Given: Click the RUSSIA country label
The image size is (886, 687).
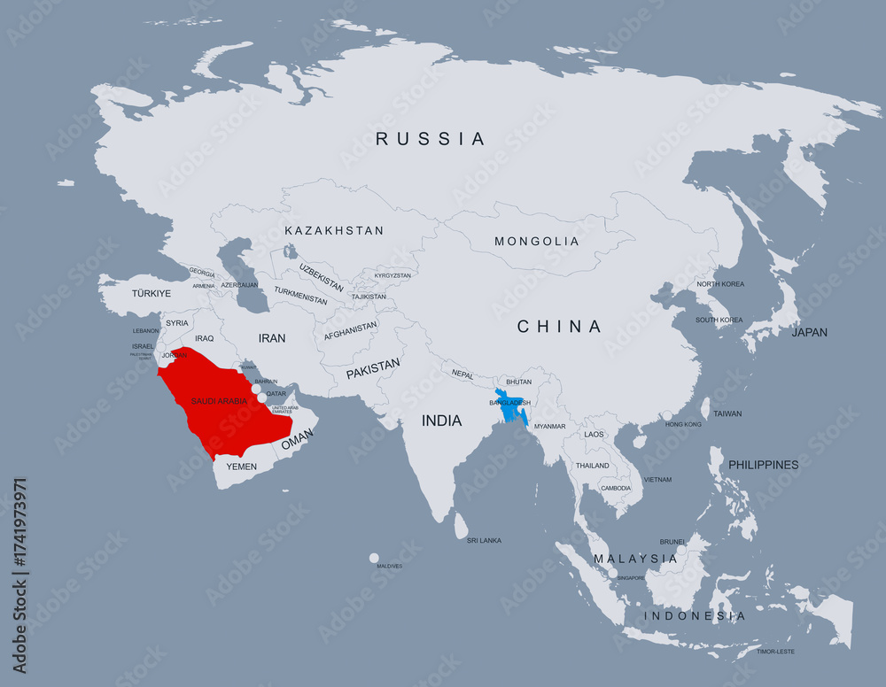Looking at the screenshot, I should pyautogui.click(x=431, y=139).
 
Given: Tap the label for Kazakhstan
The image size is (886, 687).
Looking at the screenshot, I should pyautogui.click(x=334, y=231).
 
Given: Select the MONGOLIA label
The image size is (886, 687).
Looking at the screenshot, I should pyautogui.click(x=536, y=242).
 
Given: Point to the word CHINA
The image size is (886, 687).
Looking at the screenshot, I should pyautogui.click(x=559, y=327).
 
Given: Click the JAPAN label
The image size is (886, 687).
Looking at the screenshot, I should pyautogui.click(x=809, y=333).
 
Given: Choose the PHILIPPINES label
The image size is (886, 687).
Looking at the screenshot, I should pyautogui.click(x=763, y=465).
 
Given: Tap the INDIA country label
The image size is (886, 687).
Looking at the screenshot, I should pyautogui.click(x=441, y=421).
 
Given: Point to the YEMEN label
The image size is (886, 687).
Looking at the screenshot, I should pyautogui.click(x=241, y=467).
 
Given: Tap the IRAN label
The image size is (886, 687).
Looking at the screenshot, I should pyautogui.click(x=272, y=338).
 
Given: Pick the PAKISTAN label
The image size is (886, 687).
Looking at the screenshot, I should pyautogui.click(x=373, y=368).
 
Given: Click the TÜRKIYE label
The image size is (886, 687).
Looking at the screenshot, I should pyautogui.click(x=152, y=293).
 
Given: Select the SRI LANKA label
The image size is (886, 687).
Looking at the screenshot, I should pyautogui.click(x=484, y=540).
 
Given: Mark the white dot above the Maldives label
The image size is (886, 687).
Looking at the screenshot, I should pyautogui.click(x=374, y=558).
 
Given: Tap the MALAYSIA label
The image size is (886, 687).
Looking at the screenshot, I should pyautogui.click(x=635, y=559).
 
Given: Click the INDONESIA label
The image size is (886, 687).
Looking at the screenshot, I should pyautogui.click(x=694, y=615).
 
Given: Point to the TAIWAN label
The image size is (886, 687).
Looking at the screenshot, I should pyautogui.click(x=727, y=413).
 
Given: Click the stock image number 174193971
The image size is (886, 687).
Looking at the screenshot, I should pyautogui.click(x=19, y=575).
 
